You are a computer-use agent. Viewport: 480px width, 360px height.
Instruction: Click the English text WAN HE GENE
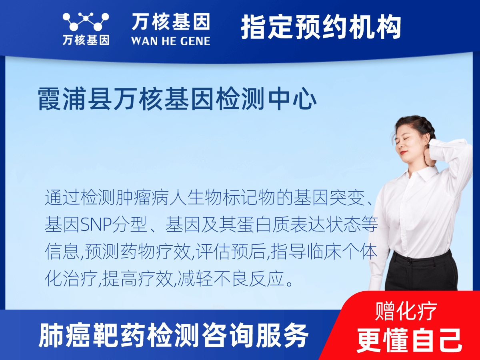pos(170,41)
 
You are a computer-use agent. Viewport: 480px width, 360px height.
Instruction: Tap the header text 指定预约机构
pos(321,27)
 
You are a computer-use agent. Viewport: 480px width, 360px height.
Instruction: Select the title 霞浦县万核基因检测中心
pos(178,99)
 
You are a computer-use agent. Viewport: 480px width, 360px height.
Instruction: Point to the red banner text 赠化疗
pos(406,311)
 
